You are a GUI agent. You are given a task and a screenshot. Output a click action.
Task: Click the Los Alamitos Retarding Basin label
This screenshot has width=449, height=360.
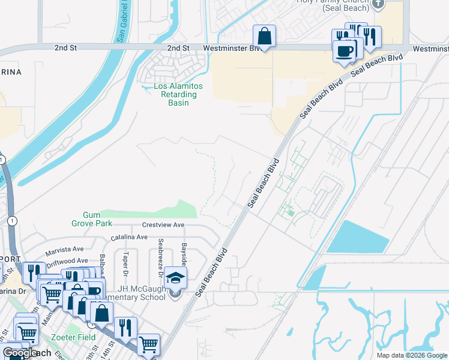(x=178, y=95)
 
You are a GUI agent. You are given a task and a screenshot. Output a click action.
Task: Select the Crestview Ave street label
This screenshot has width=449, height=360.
(x=163, y=225)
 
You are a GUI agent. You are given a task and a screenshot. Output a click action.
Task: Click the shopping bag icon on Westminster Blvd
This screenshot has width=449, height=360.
(x=264, y=36)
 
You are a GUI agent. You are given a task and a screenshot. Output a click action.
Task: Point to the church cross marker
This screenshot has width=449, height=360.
(x=378, y=5)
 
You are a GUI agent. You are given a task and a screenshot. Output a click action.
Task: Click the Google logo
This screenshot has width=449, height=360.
(x=19, y=353)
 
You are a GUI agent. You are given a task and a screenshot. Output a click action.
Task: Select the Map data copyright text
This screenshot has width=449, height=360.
(x=411, y=355)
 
